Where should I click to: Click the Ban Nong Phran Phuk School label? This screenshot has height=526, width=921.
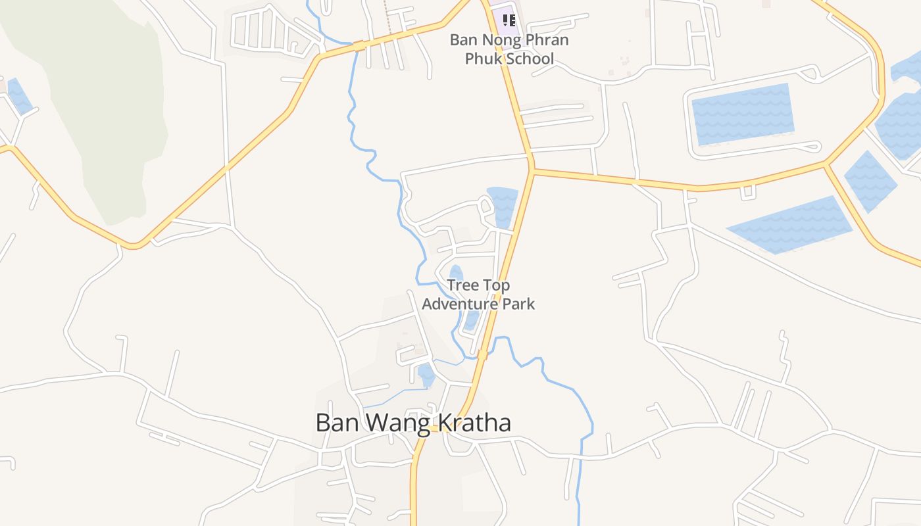pos(509,49)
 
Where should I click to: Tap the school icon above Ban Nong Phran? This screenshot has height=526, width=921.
pos(509,20)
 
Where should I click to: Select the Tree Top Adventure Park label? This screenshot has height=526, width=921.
pos(478,295)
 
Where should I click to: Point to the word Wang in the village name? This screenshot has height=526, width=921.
pos(397,423)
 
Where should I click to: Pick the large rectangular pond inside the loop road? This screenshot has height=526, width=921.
pos(743,113)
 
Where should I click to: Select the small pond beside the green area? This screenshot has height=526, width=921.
pos(19,96)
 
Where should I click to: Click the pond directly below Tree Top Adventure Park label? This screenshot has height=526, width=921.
pos(471,321)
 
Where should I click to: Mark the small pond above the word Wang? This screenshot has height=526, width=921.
pos(426,375)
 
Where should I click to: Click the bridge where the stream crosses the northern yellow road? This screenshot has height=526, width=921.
pos(359,46)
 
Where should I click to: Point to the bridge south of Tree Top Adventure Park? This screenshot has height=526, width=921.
pos(482,355)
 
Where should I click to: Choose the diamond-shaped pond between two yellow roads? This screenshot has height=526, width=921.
pos(870,181)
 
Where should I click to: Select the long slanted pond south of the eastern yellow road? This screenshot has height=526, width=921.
pos(789,225)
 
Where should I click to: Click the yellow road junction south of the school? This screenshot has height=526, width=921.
pos(531,170)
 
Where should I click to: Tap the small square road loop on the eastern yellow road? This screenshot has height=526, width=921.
pos(747,192)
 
